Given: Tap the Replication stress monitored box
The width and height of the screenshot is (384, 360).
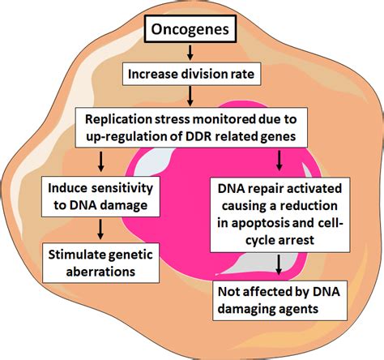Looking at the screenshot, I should [x=189, y=125].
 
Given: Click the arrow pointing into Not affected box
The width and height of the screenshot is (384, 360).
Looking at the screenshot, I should [x=279, y=264].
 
